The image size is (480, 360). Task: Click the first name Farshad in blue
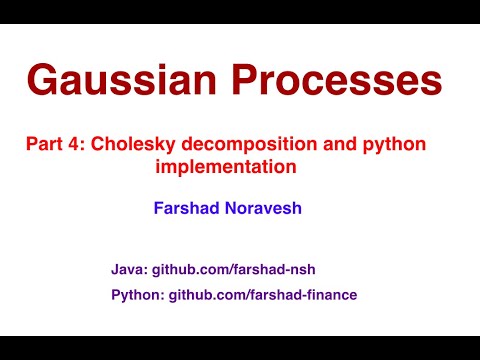pos(188,211)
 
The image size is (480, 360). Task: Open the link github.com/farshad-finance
pos(263,295)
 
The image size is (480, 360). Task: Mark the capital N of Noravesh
pos(234,211)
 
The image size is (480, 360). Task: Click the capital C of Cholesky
pos(98,145)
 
